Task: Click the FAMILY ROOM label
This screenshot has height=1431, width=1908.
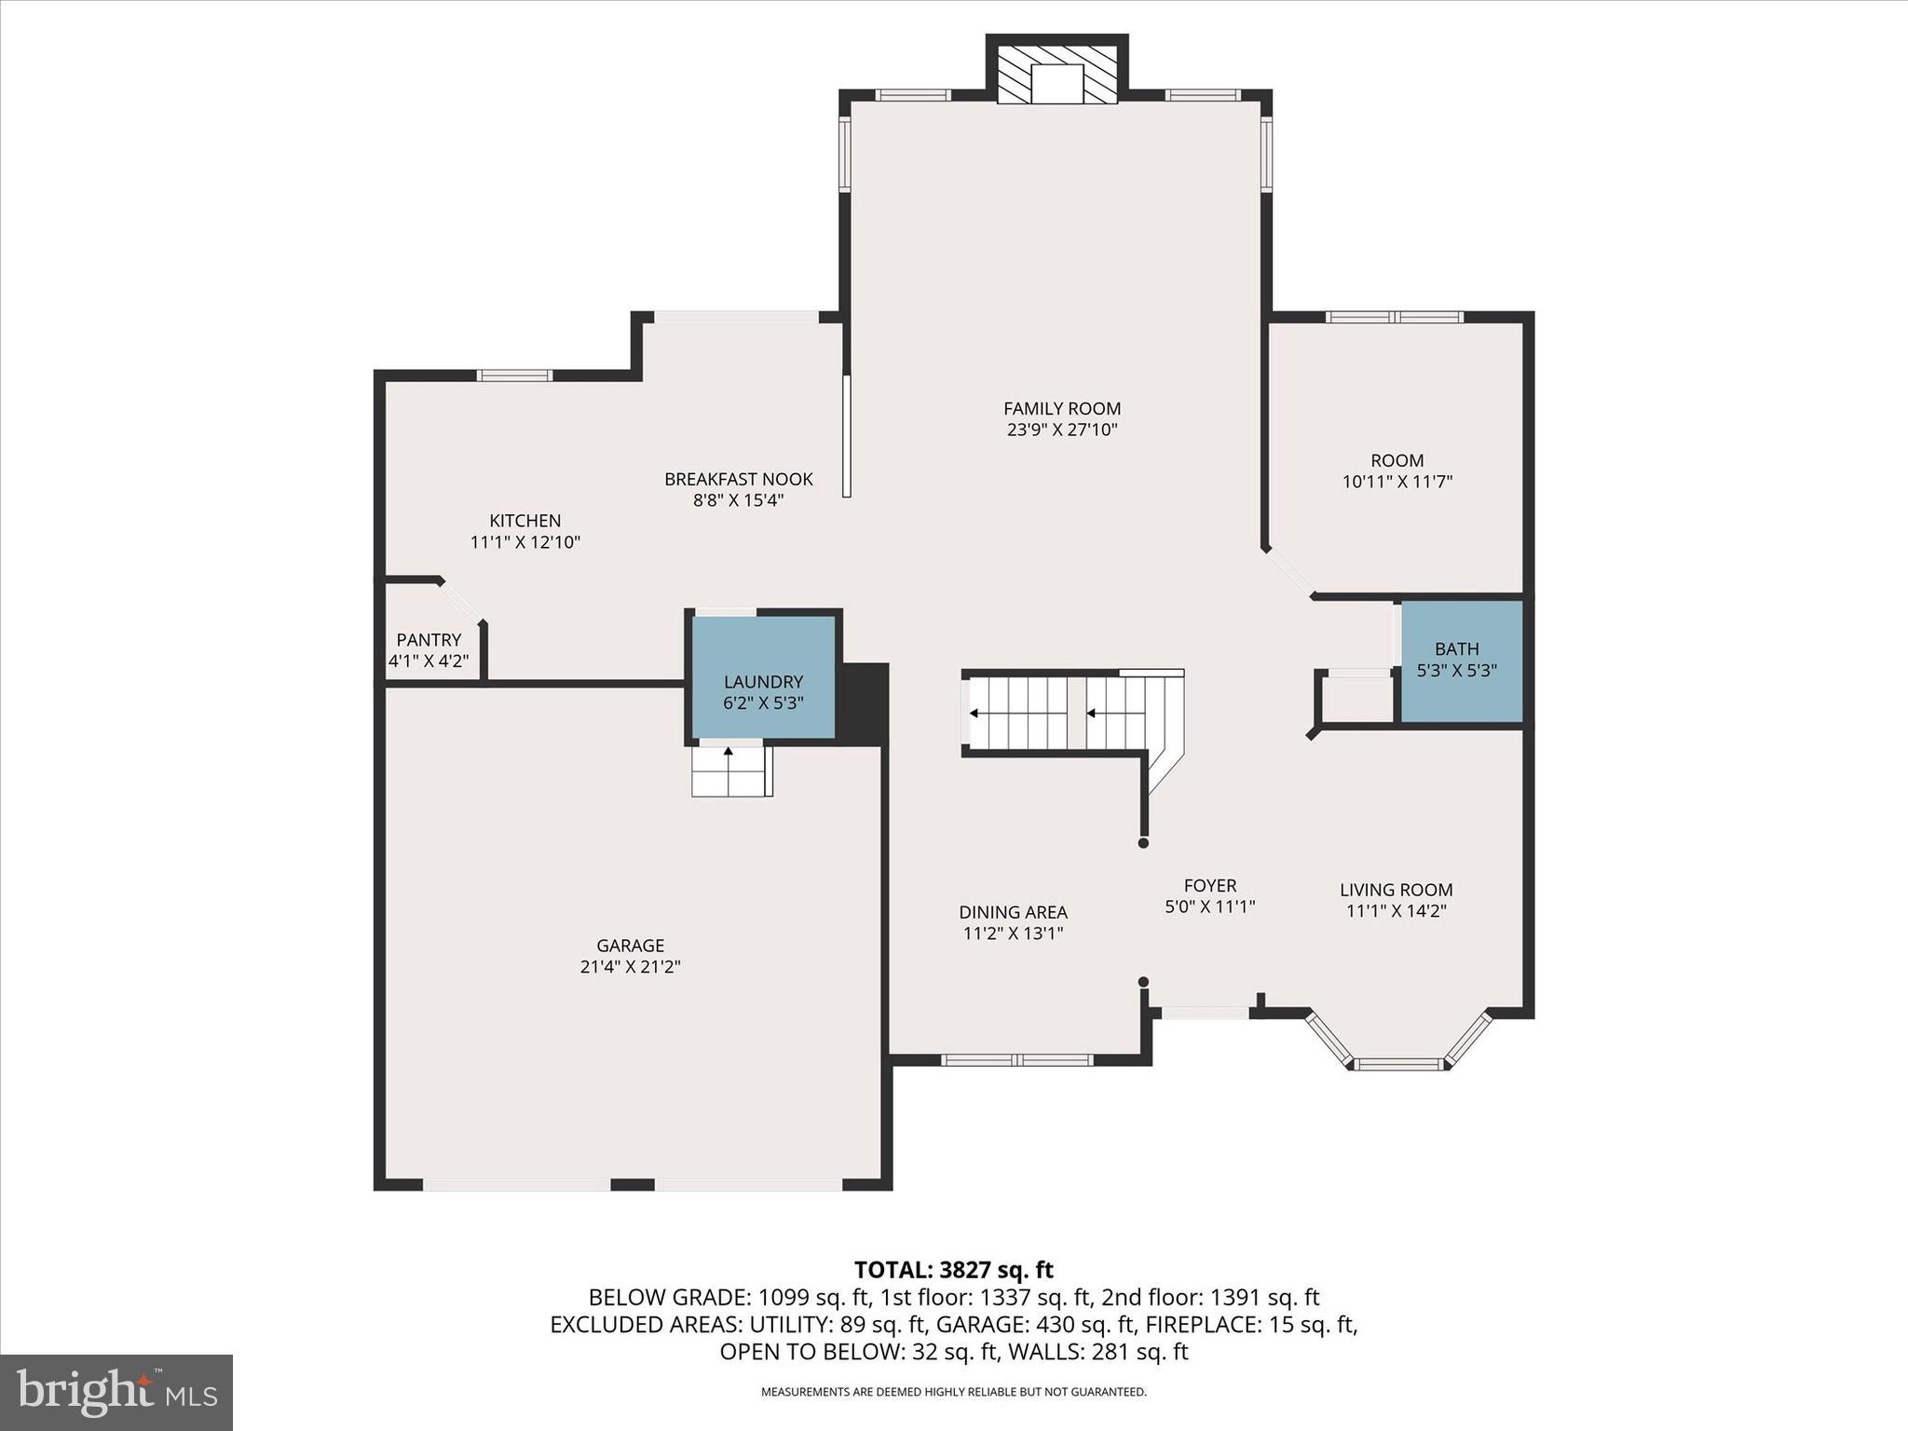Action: tap(1061, 408)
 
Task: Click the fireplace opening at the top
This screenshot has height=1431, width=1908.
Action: tap(1056, 83)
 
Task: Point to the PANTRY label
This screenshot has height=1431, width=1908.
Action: tap(429, 640)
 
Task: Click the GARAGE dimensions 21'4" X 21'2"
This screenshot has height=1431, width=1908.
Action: tap(630, 967)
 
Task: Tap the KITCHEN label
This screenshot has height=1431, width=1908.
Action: tap(525, 521)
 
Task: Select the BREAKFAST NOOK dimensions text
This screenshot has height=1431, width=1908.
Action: tap(738, 500)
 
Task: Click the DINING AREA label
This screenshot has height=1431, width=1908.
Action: tap(1013, 912)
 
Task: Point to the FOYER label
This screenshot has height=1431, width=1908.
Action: tap(1209, 885)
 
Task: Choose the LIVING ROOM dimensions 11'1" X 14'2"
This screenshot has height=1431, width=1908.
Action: tap(1396, 911)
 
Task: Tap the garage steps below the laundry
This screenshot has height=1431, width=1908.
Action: tap(731, 772)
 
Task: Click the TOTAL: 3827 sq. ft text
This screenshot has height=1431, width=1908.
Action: tap(953, 1270)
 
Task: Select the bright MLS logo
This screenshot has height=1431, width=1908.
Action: tap(116, 1392)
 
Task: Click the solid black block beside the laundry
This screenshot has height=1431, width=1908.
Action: tap(864, 703)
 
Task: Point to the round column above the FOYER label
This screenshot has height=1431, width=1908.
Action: tap(1143, 843)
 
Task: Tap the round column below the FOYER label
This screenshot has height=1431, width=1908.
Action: tap(1143, 982)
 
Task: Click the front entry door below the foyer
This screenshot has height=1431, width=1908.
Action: tap(1204, 1014)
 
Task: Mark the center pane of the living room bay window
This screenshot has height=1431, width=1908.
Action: tap(1398, 1063)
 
